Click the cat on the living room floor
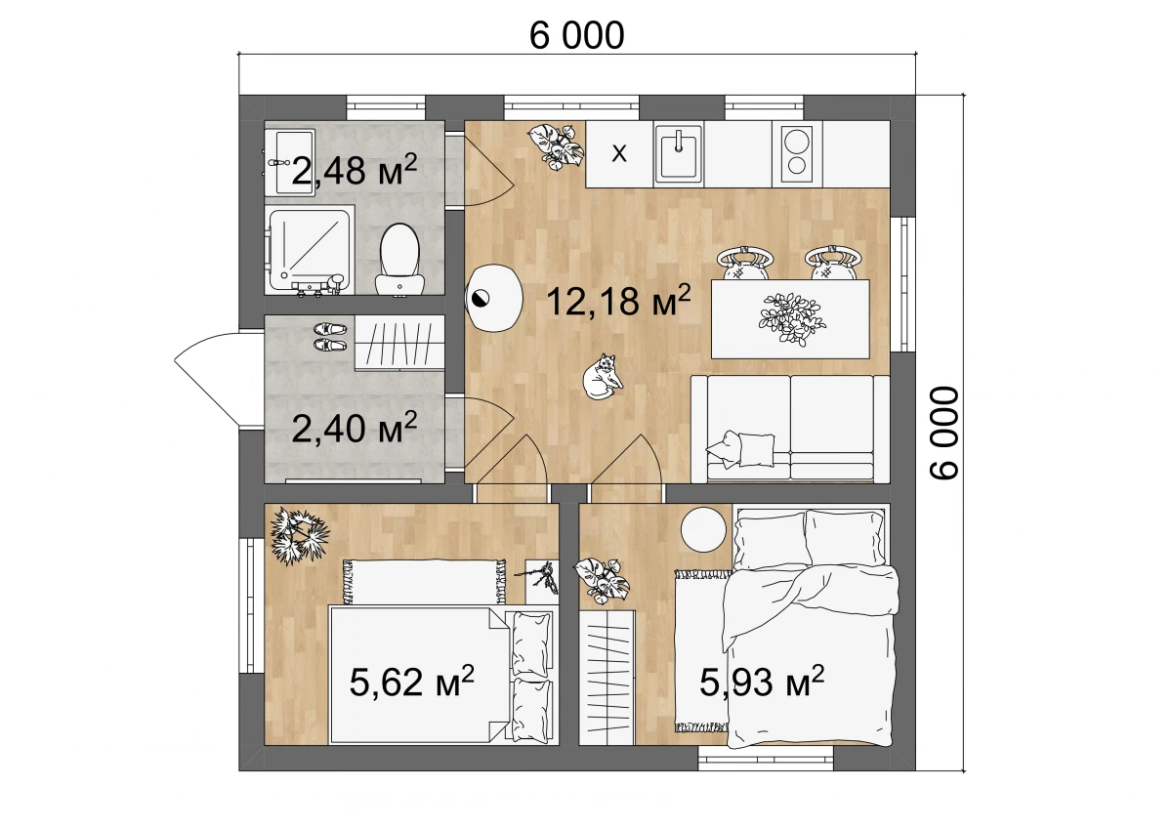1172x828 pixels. pos(603,377)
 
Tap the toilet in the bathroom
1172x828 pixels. pos(399,260)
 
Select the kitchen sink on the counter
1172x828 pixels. pos(679,153)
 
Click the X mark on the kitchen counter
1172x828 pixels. pos(619,153)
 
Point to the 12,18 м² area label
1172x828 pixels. pos(618,300)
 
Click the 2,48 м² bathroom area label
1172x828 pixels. pos(355,170)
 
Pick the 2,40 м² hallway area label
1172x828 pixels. pos(355,427)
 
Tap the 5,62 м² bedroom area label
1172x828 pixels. pos(412,681)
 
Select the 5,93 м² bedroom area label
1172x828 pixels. pos(762,681)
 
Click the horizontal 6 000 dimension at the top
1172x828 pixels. pos(576,35)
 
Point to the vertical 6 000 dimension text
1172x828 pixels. pos(943,433)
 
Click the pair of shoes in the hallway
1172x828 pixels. pos(330,337)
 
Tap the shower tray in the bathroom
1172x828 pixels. pos(310,249)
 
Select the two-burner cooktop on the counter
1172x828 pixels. pos(797,153)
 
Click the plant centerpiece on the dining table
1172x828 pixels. pos(792,319)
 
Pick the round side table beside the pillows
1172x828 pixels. pos(703,529)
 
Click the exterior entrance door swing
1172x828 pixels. pos(207,379)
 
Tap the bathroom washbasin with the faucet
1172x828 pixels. pos(289,163)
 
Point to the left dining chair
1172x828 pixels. pos(744,263)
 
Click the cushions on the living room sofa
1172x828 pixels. pos(740,449)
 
